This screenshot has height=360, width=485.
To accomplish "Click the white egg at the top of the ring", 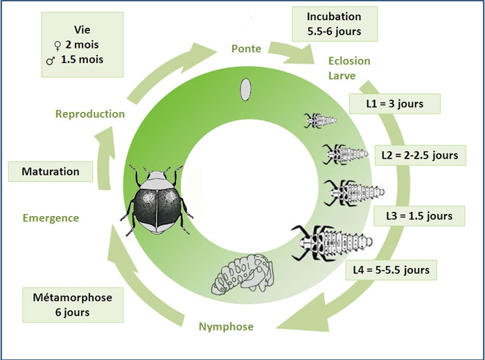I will tap(244, 89).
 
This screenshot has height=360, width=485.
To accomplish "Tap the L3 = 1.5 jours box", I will tap(418, 215).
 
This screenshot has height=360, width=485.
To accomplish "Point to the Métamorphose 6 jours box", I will tap(67, 305).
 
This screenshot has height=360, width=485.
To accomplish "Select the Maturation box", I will tap(50, 171).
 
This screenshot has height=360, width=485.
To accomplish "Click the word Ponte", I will tap(247, 48).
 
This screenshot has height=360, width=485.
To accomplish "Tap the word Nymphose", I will tap(226, 326).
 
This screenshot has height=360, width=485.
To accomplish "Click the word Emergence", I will tap(51, 218).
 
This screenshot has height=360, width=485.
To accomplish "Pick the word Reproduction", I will tap(90, 114).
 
